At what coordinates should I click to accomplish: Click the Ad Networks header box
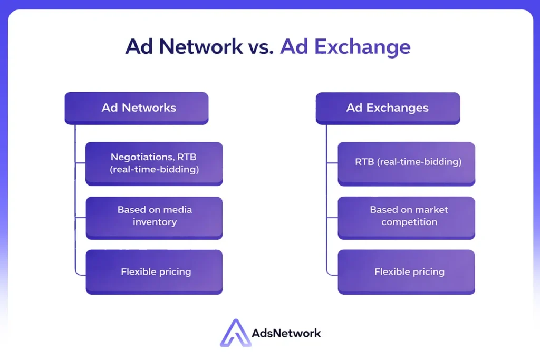[137, 108]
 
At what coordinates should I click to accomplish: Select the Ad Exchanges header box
[388, 108]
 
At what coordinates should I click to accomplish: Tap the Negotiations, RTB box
[154, 164]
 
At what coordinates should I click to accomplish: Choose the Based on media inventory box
[154, 218]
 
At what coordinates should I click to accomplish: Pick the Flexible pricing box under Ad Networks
[154, 272]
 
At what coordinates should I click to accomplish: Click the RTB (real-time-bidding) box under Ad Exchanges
[407, 164]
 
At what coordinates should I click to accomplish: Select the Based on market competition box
[407, 218]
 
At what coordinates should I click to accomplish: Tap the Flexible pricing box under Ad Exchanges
[407, 272]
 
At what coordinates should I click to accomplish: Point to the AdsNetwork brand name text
[286, 333]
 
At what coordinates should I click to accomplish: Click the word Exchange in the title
[362, 47]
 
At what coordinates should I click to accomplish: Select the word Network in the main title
[201, 46]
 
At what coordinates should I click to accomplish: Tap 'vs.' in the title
[261, 48]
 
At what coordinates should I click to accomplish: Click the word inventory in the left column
[155, 222]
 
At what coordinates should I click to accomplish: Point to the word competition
[409, 222]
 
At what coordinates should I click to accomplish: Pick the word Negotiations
[142, 157]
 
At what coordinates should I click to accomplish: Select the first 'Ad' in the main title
[139, 46]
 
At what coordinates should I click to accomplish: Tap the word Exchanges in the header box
[397, 108]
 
